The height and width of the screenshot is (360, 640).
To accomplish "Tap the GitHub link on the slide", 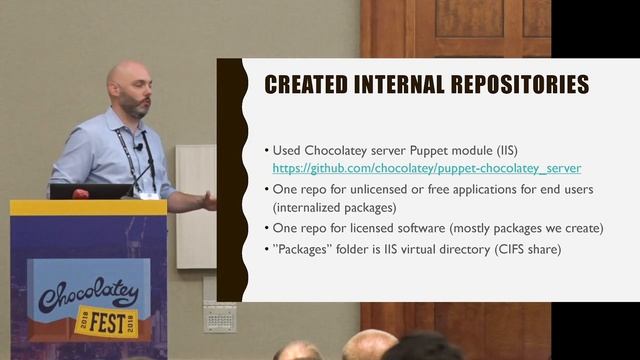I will tap(427, 169).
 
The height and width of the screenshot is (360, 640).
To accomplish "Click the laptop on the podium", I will tap(90, 190).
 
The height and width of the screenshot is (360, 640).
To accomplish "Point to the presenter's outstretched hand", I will tap(208, 200).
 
